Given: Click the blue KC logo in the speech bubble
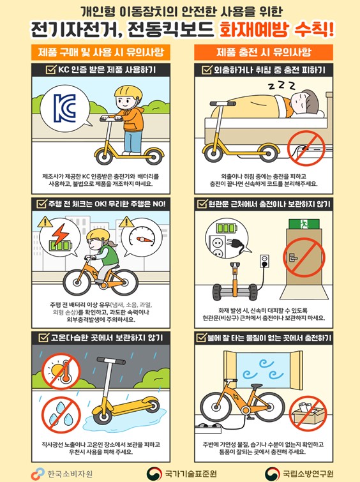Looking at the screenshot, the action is pyautogui.click(x=64, y=108).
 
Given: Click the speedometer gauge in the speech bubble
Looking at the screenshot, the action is pyautogui.click(x=142, y=237).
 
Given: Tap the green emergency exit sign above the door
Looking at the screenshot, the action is pyautogui.click(x=304, y=224).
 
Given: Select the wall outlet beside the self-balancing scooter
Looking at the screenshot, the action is pyautogui.click(x=265, y=261).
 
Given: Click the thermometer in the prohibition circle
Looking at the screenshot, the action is pyautogui.click(x=66, y=372).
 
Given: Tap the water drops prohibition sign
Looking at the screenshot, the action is pyautogui.click(x=61, y=415).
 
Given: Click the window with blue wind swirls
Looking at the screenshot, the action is pyautogui.click(x=263, y=370).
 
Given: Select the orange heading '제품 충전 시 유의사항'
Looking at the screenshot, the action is pyautogui.click(x=264, y=52).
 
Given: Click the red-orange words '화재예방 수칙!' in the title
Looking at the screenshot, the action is pyautogui.click(x=276, y=30).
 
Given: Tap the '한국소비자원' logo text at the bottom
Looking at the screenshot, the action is pyautogui.click(x=70, y=474).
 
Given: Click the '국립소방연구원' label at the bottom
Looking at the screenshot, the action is pyautogui.click(x=308, y=474).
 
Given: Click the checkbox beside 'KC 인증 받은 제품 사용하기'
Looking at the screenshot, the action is pyautogui.click(x=51, y=70).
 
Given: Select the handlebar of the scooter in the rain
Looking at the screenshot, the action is pyautogui.click(x=111, y=361).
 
